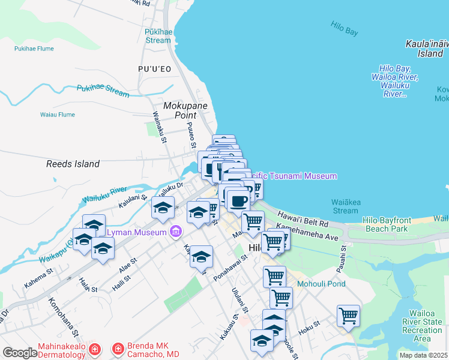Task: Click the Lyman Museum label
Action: tap(137, 231)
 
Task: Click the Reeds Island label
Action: tap(73, 164)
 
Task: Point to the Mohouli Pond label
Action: tap(322, 283)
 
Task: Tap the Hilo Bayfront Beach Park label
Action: tap(385, 224)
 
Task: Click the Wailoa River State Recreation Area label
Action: tap(426, 326)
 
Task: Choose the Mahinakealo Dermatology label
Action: tap(61, 351)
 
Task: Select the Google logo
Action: tap(20, 353)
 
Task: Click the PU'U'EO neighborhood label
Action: tap(155, 69)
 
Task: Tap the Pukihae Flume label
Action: tap(35, 49)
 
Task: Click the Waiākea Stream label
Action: tap(345, 206)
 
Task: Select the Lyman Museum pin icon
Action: tap(176, 231)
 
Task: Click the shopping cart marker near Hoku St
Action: tap(348, 315)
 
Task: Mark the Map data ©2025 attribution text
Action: tap(423, 355)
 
